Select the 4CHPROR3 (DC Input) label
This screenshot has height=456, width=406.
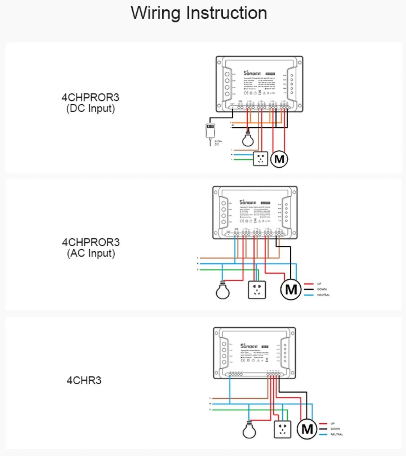(x=90, y=103)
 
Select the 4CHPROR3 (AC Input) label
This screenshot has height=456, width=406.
(x=91, y=248)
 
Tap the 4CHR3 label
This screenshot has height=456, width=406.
(x=84, y=380)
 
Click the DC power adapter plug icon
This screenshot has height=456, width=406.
(x=210, y=131)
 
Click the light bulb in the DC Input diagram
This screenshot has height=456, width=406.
(x=248, y=139)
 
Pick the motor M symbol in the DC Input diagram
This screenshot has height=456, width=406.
(x=279, y=159)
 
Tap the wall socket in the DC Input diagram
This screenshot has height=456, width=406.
(x=260, y=159)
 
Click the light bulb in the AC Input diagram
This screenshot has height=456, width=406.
(x=223, y=291)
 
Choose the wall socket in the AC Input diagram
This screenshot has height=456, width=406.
(x=257, y=290)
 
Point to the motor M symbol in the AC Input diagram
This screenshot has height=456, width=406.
(x=291, y=289)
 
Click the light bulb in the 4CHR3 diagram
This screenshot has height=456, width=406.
(x=249, y=431)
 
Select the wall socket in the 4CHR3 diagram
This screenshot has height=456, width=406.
(x=282, y=429)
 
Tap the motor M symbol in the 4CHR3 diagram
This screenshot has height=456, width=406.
(x=307, y=429)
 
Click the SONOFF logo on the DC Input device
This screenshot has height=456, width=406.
(x=252, y=73)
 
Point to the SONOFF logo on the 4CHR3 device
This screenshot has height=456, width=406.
(x=249, y=346)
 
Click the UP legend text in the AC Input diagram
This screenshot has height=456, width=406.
(x=319, y=284)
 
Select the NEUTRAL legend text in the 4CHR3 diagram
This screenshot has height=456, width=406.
(x=337, y=434)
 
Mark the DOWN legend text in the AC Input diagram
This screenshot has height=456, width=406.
(x=322, y=289)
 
